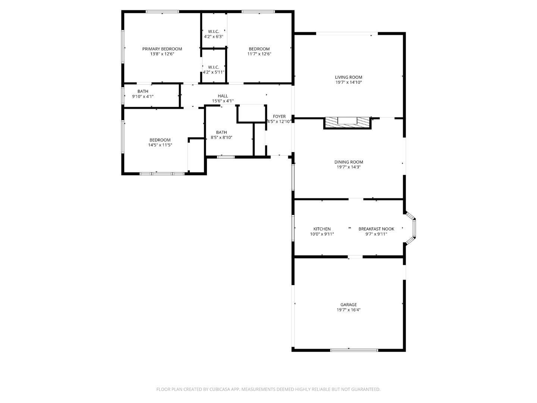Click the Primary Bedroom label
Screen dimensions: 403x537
pyautogui.click(x=162, y=49)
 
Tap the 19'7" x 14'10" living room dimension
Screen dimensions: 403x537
pyautogui.click(x=348, y=82)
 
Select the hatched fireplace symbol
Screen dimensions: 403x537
pyautogui.click(x=347, y=121)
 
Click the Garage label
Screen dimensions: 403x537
pyautogui.click(x=348, y=304)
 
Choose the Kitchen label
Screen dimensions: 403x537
pyautogui.click(x=322, y=229)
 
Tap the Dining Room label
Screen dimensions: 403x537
pyautogui.click(x=348, y=162)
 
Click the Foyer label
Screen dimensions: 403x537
pyautogui.click(x=279, y=116)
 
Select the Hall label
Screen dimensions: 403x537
pyautogui.click(x=223, y=96)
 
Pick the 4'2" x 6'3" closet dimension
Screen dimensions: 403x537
pyautogui.click(x=213, y=37)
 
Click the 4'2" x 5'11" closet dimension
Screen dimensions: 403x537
pyautogui.click(x=213, y=72)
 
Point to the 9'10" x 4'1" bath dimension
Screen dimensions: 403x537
pyautogui.click(x=143, y=96)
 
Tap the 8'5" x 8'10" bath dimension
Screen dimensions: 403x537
pyautogui.click(x=222, y=137)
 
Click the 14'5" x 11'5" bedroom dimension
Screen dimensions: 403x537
pyautogui.click(x=160, y=145)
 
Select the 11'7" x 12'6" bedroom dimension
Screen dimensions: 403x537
pyautogui.click(x=259, y=54)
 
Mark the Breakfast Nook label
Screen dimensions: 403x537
pyautogui.click(x=376, y=229)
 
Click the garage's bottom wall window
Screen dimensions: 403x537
pyautogui.click(x=354, y=350)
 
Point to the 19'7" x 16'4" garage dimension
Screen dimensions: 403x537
pyautogui.click(x=348, y=310)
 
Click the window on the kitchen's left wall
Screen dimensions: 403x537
pyautogui.click(x=293, y=228)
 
